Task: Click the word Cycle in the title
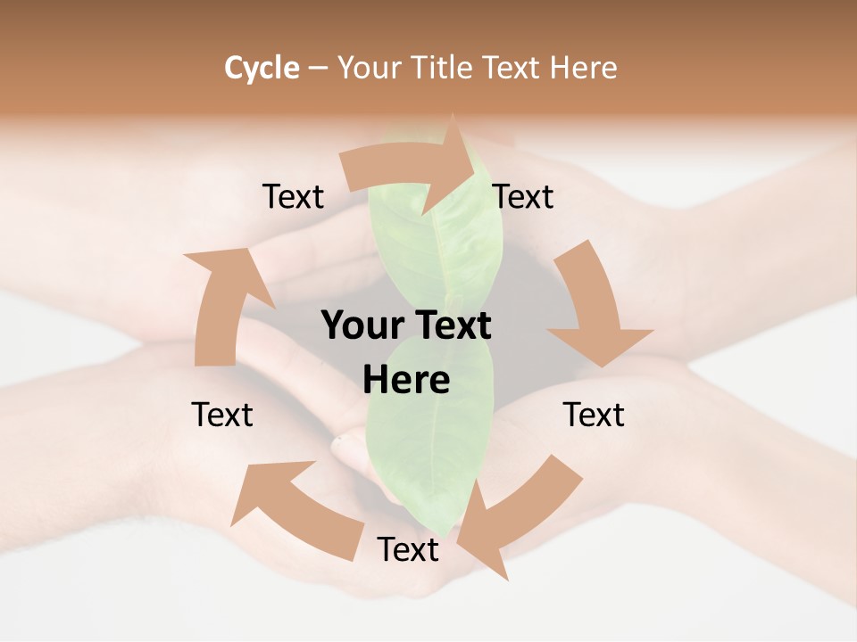(x=262, y=68)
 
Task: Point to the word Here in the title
(x=584, y=68)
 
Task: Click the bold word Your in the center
(x=362, y=325)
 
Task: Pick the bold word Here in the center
(x=406, y=381)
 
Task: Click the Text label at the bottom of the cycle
(x=408, y=550)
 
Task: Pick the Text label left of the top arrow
(x=293, y=197)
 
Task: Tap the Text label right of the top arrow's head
(x=523, y=197)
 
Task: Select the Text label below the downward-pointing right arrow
(x=594, y=415)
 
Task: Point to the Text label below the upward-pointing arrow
(x=222, y=415)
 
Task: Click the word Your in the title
(x=369, y=68)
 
